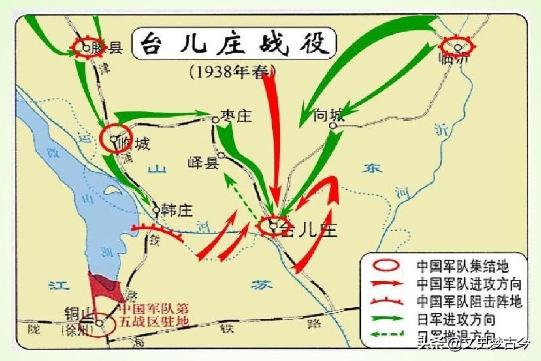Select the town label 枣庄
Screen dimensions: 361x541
click(x=235, y=116)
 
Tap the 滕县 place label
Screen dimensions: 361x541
click(x=108, y=48)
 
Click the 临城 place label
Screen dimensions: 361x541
click(x=134, y=145)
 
